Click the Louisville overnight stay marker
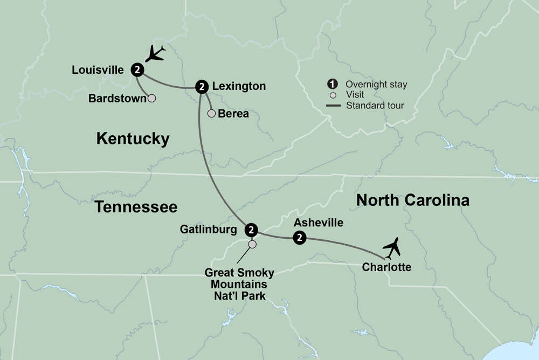tap(138, 69)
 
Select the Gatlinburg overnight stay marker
tap(251, 230)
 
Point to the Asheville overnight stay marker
tap(299, 237)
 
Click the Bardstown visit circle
tap(152, 99)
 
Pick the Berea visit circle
tap(211, 113)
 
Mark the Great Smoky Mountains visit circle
tap(252, 245)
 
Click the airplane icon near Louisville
tap(156, 53)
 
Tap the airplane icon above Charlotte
tap(392, 248)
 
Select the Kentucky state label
tap(133, 139)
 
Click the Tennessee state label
tap(136, 206)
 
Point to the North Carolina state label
tap(413, 200)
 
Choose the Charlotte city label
tap(386, 267)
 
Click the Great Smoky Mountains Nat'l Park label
tap(239, 283)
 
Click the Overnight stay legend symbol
tap(333, 84)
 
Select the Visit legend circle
tap(333, 95)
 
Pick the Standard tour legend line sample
tap(333, 106)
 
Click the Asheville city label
tap(318, 222)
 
